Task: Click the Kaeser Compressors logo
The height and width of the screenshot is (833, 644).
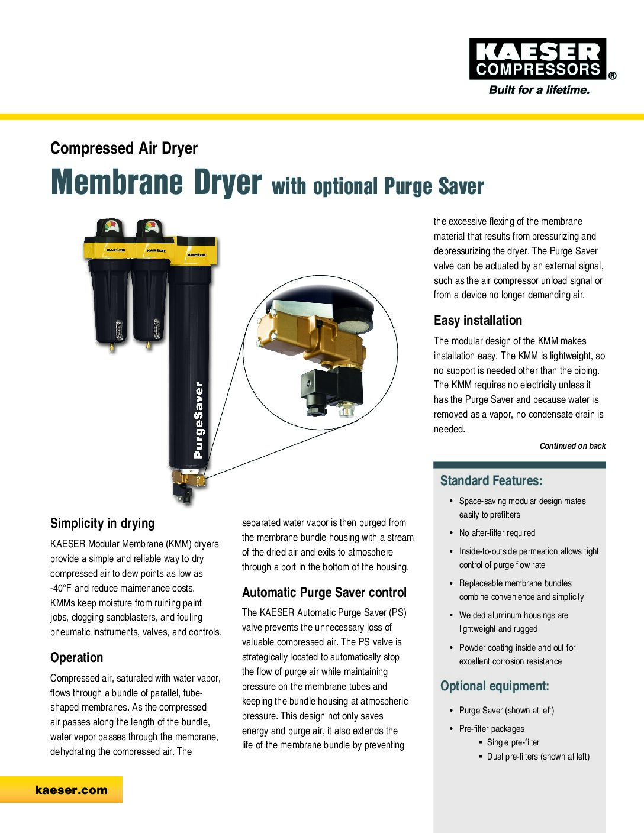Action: [x=538, y=59]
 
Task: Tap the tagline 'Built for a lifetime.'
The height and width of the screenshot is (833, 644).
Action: [x=539, y=91]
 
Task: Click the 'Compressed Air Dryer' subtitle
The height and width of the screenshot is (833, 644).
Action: [x=124, y=148]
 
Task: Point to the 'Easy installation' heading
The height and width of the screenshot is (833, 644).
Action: [x=478, y=321]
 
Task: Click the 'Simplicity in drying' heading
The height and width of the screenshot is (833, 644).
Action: [x=102, y=524]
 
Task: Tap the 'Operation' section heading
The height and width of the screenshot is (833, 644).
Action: [x=76, y=658]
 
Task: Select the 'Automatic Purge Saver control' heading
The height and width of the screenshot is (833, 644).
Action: [x=324, y=593]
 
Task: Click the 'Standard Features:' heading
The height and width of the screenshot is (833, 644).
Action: [x=491, y=481]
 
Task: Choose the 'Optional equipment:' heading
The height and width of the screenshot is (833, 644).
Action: [x=494, y=686]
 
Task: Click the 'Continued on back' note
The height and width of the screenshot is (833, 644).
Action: [x=572, y=446]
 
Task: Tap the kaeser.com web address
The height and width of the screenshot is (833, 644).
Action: [x=71, y=790]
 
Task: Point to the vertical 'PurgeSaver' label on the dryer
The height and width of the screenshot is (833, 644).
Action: [x=199, y=420]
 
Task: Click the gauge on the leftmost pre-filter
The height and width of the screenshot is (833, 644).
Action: [x=111, y=227]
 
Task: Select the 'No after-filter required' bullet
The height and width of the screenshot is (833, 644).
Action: [x=497, y=533]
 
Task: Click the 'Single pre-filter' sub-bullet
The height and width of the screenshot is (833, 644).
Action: [x=513, y=742]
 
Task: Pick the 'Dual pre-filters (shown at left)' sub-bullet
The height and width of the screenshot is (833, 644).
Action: [x=537, y=757]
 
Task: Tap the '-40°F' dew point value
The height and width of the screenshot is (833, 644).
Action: [x=61, y=589]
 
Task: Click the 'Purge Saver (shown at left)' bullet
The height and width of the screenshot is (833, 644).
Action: [x=506, y=711]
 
